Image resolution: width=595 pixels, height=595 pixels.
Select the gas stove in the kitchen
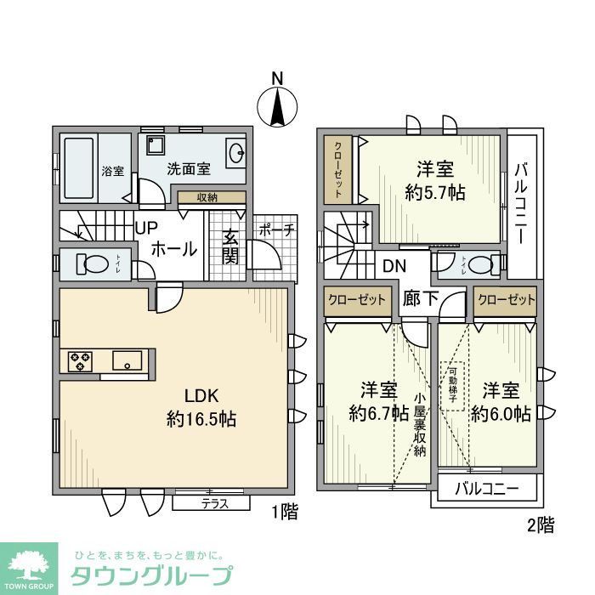[81, 360]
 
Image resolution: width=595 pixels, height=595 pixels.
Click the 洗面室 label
[188, 168]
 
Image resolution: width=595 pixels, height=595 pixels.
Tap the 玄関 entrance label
[230, 246]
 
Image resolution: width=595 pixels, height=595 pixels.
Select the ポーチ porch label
[276, 229]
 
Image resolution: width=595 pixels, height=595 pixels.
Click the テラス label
[214, 503]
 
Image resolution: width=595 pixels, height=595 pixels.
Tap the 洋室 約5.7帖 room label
[434, 179]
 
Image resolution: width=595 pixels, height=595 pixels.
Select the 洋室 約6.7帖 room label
[379, 401]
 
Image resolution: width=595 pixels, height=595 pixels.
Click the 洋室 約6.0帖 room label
[501, 402]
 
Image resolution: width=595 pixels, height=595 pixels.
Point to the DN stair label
[394, 265]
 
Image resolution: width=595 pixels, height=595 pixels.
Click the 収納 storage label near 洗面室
[207, 197]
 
